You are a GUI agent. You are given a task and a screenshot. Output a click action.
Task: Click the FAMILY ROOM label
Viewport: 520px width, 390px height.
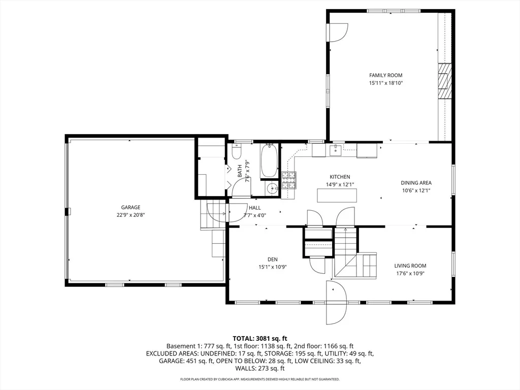(x=386, y=75)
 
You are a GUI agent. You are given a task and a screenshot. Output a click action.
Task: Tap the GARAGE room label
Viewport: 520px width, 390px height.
(x=131, y=208)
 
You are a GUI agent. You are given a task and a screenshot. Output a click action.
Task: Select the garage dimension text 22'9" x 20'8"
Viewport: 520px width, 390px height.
(x=131, y=215)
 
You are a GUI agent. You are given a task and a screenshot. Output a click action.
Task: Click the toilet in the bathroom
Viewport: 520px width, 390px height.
(x=237, y=151)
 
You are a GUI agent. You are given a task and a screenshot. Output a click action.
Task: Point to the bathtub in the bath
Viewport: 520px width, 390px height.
(x=269, y=161)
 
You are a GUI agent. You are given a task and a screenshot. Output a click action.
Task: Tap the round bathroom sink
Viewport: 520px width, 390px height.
(x=273, y=189)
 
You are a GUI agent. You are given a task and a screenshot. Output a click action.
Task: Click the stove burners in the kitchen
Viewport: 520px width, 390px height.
(x=289, y=180)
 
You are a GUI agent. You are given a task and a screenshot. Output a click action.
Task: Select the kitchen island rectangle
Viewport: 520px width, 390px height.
(x=337, y=196)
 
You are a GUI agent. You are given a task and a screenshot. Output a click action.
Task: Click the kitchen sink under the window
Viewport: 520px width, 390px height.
(x=336, y=150)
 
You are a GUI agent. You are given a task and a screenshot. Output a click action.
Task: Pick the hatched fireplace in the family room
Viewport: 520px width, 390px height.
(x=444, y=81)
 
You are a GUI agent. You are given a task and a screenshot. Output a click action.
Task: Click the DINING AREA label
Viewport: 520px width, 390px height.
(x=416, y=183)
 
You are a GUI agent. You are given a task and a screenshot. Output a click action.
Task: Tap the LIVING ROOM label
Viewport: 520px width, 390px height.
(x=410, y=266)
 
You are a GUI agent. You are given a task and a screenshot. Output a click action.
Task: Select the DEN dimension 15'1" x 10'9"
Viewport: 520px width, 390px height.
(x=273, y=267)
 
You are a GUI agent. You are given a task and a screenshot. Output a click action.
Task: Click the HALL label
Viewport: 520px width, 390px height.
(x=255, y=208)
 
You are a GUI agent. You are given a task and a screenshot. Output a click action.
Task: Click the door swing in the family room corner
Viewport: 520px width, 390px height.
(x=338, y=32)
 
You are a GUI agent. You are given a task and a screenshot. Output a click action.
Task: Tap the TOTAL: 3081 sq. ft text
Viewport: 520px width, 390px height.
(x=260, y=339)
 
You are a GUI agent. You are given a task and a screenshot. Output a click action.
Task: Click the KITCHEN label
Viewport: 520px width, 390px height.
(x=340, y=177)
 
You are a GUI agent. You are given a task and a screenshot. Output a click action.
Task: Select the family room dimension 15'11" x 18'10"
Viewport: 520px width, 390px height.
(x=386, y=83)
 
